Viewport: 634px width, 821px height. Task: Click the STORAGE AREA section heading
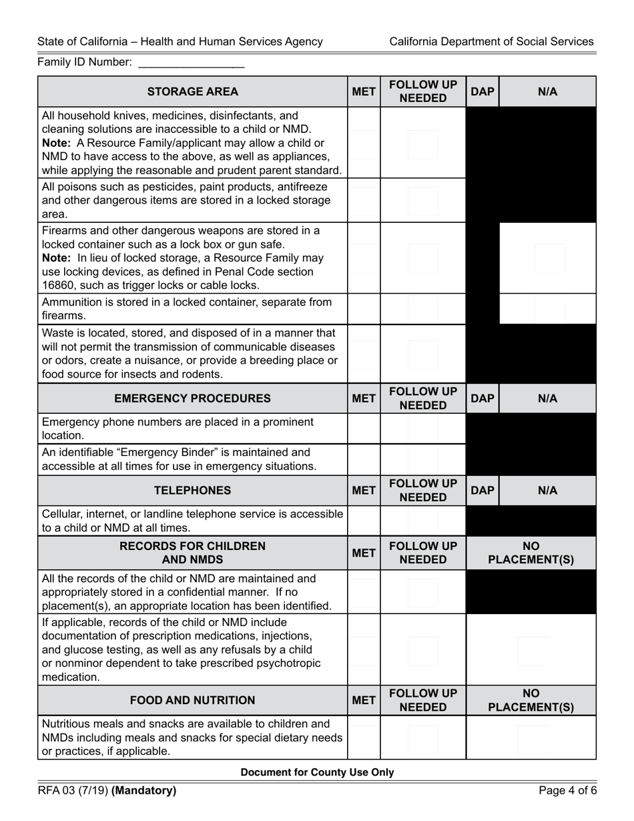click(192, 92)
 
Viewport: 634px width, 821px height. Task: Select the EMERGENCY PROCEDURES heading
click(192, 398)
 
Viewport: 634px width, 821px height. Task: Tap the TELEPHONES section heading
click(192, 491)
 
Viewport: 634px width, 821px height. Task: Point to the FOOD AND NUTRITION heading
click(192, 700)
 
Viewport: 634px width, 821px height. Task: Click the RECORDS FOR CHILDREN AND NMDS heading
click(192, 553)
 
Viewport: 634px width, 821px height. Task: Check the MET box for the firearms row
click(364, 258)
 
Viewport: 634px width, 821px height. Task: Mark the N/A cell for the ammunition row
click(547, 309)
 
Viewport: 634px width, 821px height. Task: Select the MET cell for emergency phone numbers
click(364, 429)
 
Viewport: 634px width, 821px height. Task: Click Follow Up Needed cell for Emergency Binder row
click(422, 459)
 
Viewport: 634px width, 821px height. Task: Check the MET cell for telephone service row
click(364, 521)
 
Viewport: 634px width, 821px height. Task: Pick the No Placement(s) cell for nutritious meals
click(531, 738)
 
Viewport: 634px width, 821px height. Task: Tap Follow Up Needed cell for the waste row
click(422, 354)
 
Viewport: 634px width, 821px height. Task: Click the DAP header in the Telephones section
click(483, 491)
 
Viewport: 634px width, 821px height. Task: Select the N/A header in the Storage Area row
click(547, 92)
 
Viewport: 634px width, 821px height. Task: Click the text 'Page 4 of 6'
click(566, 791)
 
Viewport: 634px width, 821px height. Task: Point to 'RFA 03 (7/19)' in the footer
click(73, 791)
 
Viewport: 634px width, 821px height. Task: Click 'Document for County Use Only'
click(317, 772)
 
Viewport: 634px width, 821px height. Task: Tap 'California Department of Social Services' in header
click(491, 41)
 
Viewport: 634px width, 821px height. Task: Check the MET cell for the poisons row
click(364, 200)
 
